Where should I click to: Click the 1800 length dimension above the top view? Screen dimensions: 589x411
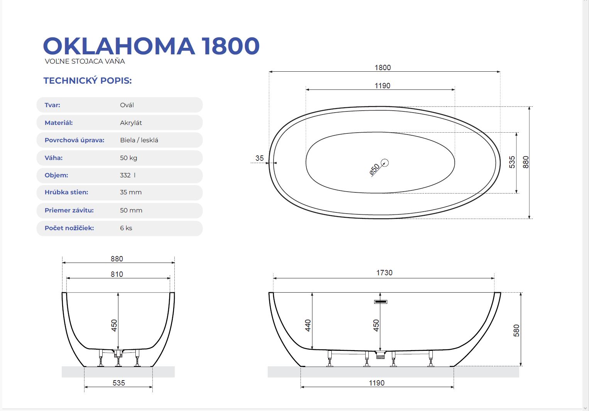383,67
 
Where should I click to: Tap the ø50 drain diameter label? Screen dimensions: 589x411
375,169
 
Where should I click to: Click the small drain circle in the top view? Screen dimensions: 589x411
385,163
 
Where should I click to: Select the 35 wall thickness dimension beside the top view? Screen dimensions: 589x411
260,158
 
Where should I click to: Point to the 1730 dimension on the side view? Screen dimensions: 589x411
384,273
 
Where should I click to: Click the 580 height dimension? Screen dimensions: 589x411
516,330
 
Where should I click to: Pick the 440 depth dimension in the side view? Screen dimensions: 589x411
308,325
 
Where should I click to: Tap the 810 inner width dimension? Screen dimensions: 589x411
117,275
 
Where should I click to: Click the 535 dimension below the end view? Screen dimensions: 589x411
118,383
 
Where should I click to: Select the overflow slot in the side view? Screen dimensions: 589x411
380,302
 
